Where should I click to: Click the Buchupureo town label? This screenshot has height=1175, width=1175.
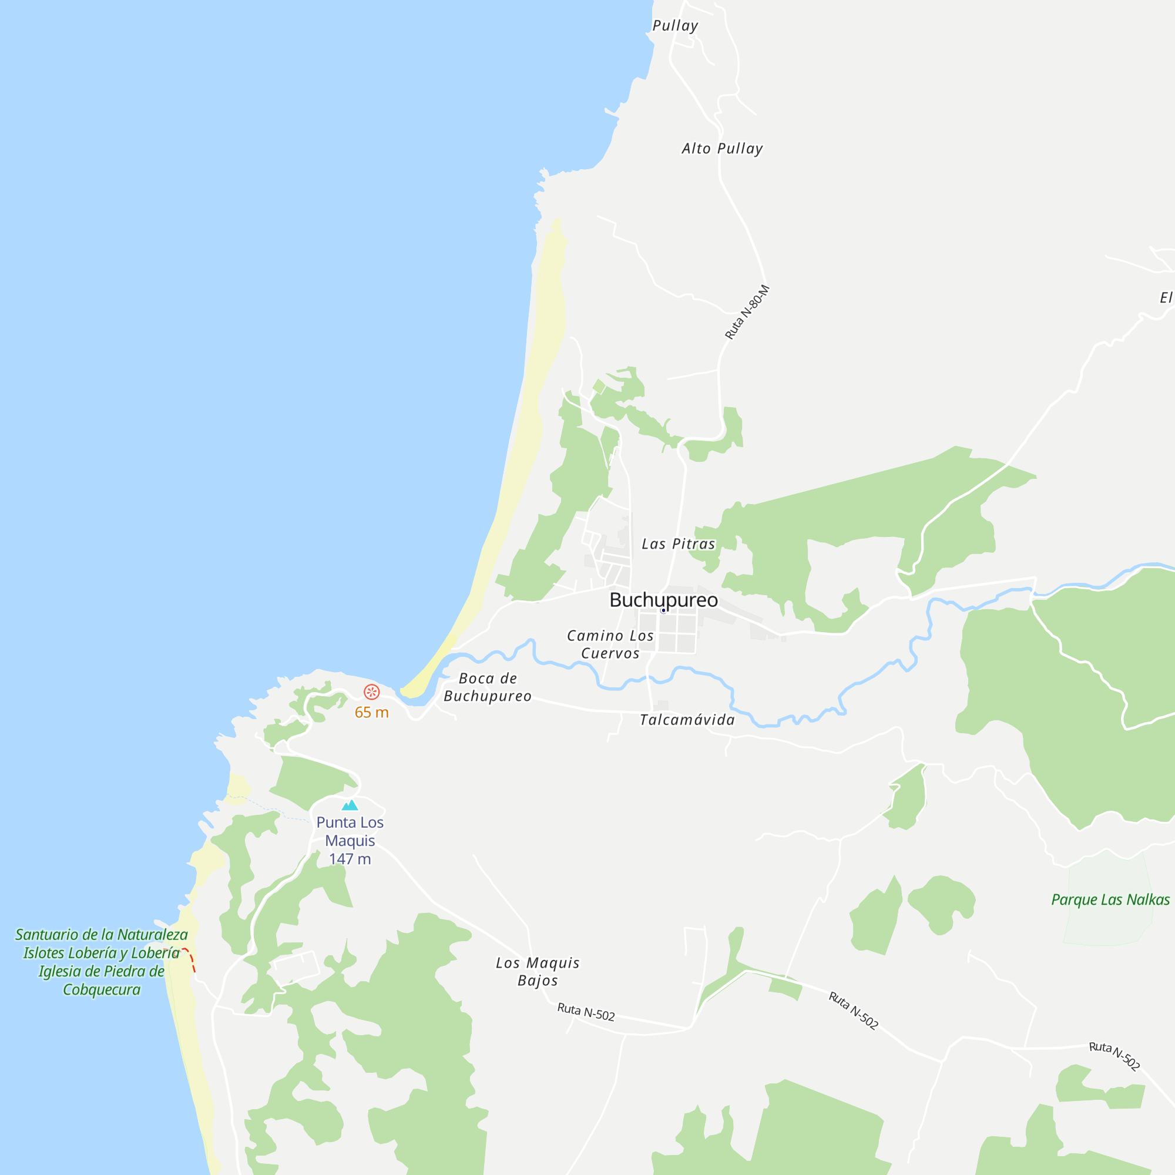663,600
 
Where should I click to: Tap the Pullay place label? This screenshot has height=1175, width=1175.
675,25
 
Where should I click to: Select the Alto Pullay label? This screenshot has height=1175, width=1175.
722,149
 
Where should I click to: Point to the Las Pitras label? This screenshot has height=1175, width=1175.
678,543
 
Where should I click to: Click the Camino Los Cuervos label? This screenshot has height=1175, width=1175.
610,644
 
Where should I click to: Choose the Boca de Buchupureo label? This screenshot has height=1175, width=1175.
488,687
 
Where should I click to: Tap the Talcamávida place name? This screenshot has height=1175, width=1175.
687,720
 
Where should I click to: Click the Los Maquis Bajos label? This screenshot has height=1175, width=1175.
538,971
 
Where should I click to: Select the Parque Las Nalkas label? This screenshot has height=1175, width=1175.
1110,899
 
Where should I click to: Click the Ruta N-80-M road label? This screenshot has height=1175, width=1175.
747,312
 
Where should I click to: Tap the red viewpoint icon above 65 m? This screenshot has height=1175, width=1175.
372,691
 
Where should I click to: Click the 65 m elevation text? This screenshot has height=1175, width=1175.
372,712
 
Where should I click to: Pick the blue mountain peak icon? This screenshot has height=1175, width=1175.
350,805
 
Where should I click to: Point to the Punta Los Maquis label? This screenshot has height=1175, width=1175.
350,831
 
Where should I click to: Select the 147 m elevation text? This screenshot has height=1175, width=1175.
350,859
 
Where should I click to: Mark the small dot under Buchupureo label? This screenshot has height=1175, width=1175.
663,610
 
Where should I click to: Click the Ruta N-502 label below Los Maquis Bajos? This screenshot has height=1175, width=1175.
586,1012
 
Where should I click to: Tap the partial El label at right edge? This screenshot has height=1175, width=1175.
1165,297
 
